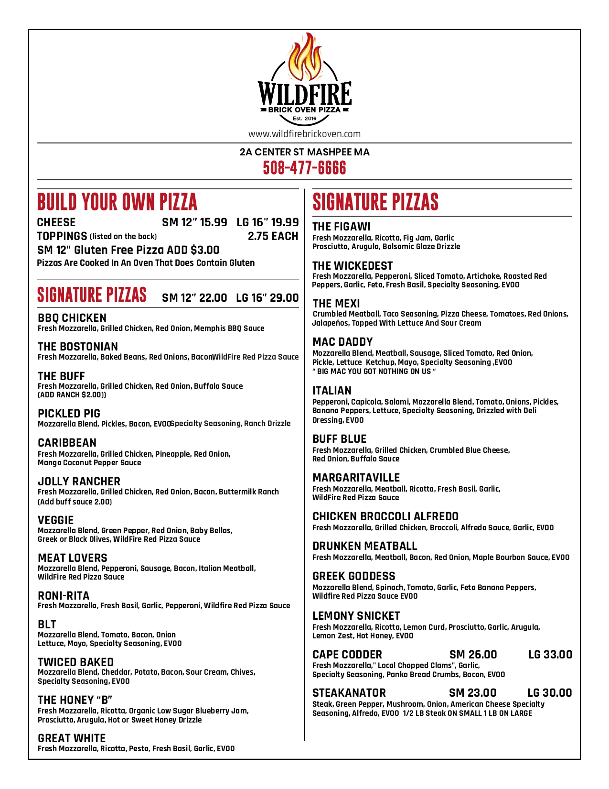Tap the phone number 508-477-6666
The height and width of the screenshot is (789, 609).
coord(304,168)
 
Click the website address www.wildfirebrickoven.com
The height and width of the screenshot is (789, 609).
coord(304,134)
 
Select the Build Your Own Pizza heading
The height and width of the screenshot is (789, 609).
coord(117,202)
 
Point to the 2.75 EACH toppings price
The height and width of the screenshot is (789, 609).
coord(273,236)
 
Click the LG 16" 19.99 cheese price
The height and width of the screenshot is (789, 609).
coord(267,222)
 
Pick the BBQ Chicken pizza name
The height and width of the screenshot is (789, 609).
coord(72,318)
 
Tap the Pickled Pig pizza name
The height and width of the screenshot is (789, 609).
coord(69,414)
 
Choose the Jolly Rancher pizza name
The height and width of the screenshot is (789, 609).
coord(79,482)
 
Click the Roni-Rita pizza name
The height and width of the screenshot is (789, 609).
coord(64,596)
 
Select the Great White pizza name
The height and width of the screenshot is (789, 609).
coord(72,738)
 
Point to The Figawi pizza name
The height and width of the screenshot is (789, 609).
coord(341,227)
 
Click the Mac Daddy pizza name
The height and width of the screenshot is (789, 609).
coord(342,342)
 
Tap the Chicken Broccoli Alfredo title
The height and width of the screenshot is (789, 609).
coord(385,516)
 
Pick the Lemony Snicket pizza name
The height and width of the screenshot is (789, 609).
coord(356,616)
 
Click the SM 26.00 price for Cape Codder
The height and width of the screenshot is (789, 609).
coord(473,655)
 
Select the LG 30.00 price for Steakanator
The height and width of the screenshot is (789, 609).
coord(549,693)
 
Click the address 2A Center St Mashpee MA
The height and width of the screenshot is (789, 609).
coord(304,152)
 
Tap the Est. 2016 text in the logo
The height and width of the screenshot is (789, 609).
coord(304,119)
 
